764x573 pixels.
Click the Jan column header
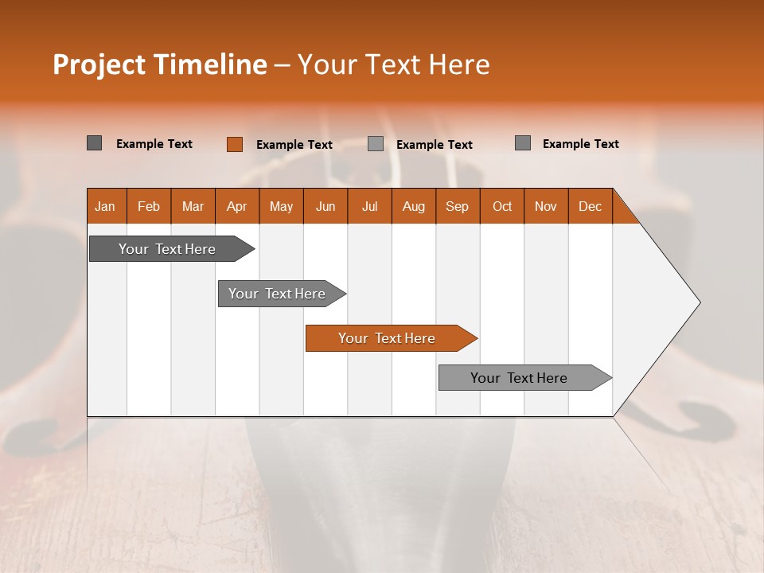click(x=106, y=206)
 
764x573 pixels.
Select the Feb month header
click(x=149, y=206)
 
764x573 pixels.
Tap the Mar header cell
click(x=193, y=206)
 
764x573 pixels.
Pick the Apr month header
click(x=237, y=206)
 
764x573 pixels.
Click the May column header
click(x=281, y=206)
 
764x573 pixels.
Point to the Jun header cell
click(x=325, y=206)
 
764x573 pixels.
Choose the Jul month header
click(x=369, y=206)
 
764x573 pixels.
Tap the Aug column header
click(x=414, y=206)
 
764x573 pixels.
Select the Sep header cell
click(x=458, y=206)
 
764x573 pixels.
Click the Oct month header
click(x=502, y=206)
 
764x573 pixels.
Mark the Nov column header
click(x=546, y=206)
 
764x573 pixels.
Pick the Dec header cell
click(x=591, y=206)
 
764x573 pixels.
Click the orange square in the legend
click(x=235, y=144)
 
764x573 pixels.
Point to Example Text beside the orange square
click(x=294, y=145)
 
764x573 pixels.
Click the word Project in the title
click(x=99, y=64)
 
